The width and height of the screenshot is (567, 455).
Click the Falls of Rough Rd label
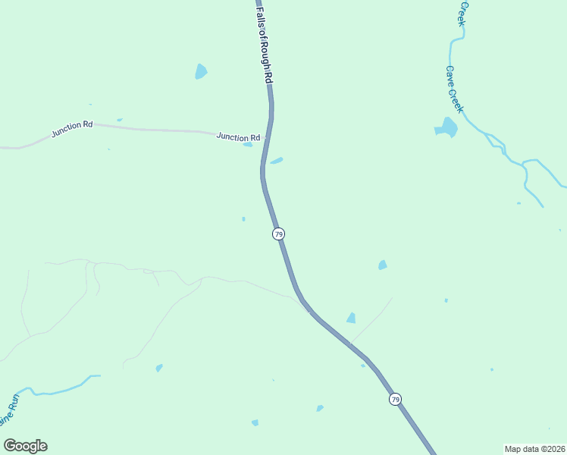[265, 42]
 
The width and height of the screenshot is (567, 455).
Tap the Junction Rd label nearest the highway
[238, 137]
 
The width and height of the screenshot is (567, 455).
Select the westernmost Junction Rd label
[72, 129]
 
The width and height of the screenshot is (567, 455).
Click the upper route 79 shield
[279, 234]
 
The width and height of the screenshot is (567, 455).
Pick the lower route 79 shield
[395, 399]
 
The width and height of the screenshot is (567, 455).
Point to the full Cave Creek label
[453, 89]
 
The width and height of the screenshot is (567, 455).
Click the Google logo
[25, 446]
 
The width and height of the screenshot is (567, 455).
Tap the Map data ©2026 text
[535, 449]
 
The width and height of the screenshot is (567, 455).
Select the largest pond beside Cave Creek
[446, 128]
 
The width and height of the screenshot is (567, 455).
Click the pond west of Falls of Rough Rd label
[201, 71]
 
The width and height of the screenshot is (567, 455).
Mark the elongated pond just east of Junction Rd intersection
[277, 160]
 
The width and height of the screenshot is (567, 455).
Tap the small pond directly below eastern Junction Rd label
[248, 145]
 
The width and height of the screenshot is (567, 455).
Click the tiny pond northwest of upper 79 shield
[243, 219]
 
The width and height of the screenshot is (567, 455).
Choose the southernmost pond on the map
[255, 422]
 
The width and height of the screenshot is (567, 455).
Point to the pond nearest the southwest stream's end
[159, 368]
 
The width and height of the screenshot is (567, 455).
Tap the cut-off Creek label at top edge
[461, 13]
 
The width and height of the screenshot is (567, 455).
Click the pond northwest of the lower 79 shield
[351, 318]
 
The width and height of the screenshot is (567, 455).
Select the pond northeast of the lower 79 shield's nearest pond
[383, 265]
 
